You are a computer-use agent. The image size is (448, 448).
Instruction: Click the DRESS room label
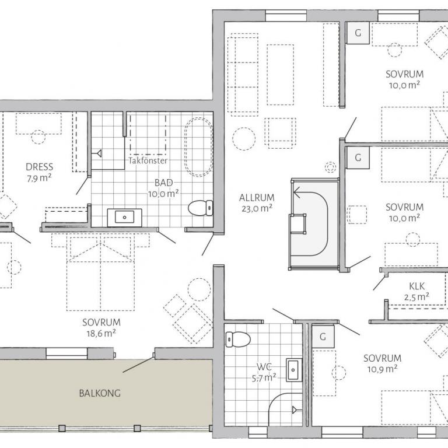tap(40, 167)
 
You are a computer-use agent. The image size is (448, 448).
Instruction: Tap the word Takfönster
tap(148, 160)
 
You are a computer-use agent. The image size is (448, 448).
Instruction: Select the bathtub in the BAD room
tap(198, 147)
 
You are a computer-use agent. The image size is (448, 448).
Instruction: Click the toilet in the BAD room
tap(201, 208)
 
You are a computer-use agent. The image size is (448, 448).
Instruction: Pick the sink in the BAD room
tap(125, 218)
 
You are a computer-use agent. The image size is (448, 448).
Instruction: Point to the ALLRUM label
tap(257, 198)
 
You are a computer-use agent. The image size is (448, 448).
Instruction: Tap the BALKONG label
tap(100, 393)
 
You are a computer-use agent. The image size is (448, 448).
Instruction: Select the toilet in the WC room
tap(238, 339)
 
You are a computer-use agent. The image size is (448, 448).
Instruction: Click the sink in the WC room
tap(294, 370)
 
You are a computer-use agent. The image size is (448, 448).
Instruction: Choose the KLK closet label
tap(417, 286)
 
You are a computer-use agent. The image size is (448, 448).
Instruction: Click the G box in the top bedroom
tap(358, 33)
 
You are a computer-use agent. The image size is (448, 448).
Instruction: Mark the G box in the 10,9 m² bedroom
tap(323, 337)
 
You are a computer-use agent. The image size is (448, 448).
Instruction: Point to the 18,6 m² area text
tap(101, 333)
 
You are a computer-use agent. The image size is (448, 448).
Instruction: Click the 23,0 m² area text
tap(257, 208)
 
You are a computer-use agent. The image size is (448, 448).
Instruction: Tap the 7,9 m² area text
tap(39, 178)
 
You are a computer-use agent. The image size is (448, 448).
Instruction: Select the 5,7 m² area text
tap(264, 378)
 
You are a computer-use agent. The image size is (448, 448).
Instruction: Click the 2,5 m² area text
tap(417, 297)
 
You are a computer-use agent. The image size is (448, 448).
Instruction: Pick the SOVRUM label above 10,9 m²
tap(382, 358)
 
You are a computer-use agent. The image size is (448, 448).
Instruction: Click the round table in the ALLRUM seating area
tap(244, 139)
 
